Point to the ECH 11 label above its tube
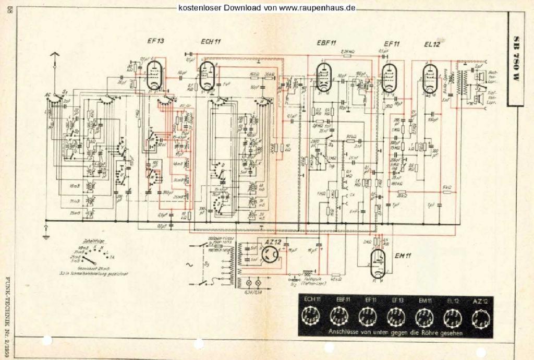pos(211,42)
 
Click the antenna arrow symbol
pos(54,55)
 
